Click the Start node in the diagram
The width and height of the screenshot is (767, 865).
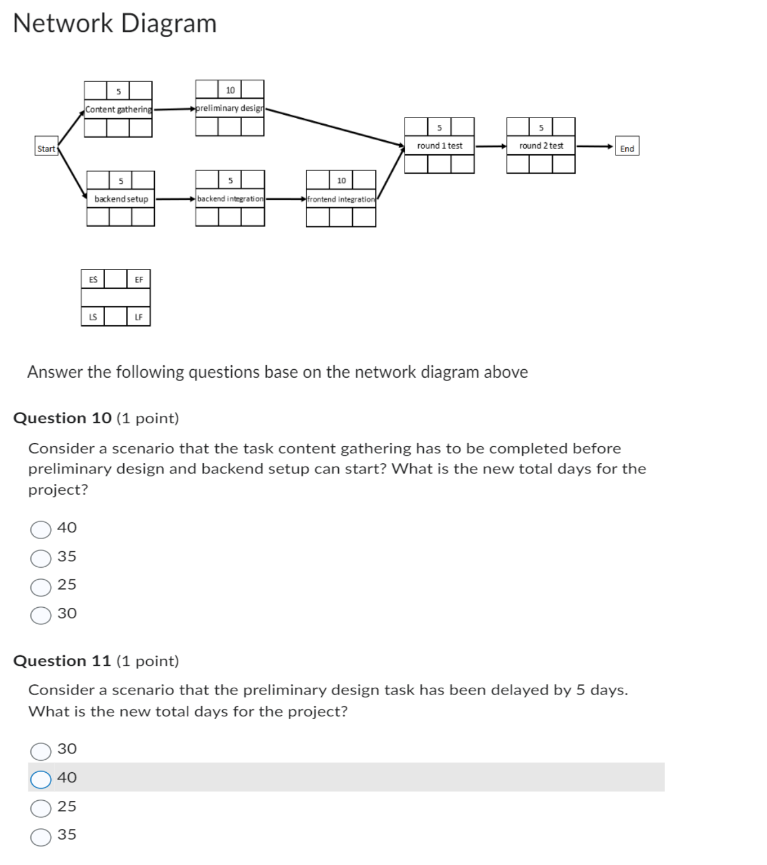tap(46, 149)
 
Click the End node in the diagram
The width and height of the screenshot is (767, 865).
tap(627, 149)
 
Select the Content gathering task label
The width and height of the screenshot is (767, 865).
tap(118, 109)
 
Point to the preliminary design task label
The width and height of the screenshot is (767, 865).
tap(230, 108)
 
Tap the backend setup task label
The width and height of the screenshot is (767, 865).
tap(121, 199)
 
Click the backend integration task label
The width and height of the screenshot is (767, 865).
tap(230, 199)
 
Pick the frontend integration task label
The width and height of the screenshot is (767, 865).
tap(341, 199)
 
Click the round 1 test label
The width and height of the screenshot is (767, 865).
tap(439, 146)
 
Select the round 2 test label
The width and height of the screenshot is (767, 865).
tap(541, 146)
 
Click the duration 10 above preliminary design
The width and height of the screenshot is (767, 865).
tap(230, 90)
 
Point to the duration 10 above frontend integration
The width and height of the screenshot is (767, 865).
tap(341, 181)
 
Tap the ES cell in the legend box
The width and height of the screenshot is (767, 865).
tap(93, 280)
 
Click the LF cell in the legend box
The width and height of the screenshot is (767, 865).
tap(138, 317)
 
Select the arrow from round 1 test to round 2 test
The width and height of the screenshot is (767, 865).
tap(490, 146)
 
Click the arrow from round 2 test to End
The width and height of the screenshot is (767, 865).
tap(594, 146)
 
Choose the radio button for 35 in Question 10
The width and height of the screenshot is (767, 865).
tap(41, 558)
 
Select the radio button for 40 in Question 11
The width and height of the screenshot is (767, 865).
tap(41, 779)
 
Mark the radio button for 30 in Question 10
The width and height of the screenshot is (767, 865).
tap(41, 615)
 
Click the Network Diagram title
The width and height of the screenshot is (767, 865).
tap(115, 24)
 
